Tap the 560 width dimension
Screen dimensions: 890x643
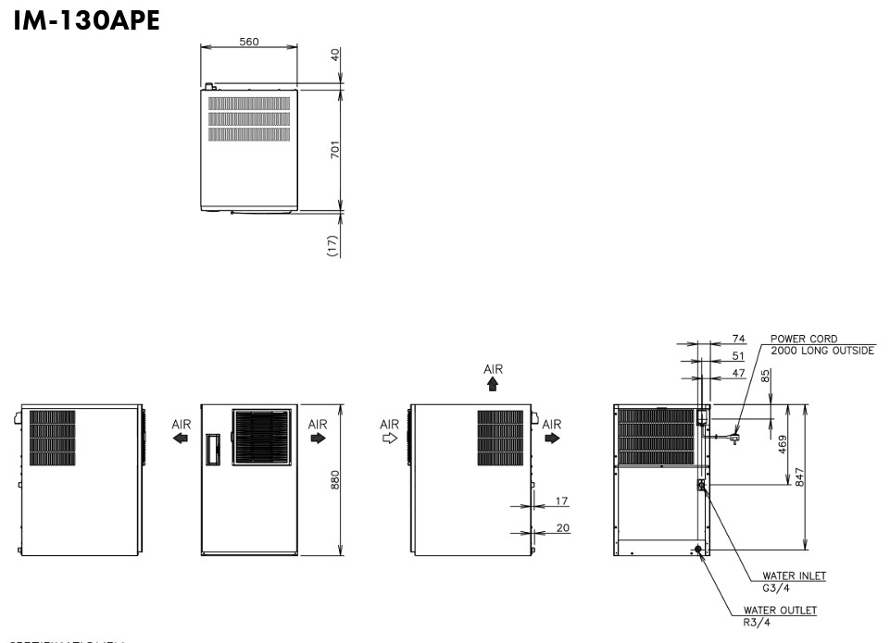click(249, 42)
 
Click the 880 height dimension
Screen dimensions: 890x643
click(335, 479)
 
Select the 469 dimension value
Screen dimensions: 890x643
click(783, 443)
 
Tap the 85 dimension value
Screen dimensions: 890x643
click(765, 377)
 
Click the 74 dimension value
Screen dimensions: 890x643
click(738, 340)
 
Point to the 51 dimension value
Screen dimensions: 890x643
click(738, 356)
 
